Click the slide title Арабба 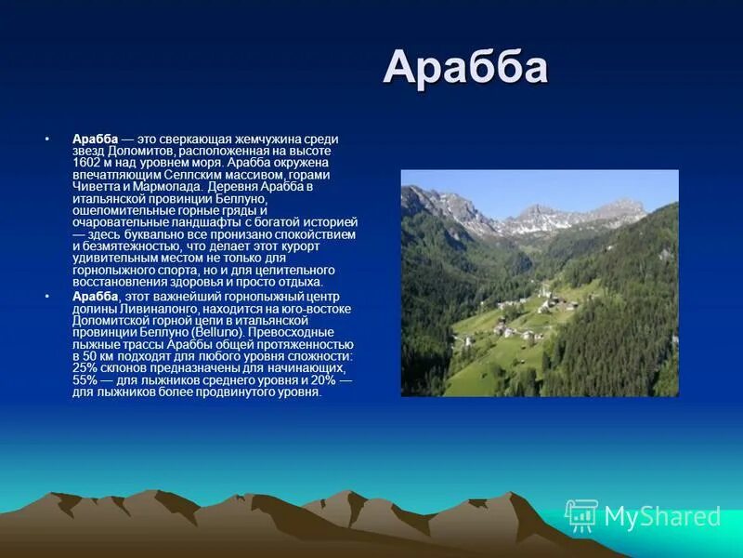(465, 68)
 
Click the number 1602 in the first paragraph (89, 162)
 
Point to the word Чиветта (98, 186)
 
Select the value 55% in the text (87, 380)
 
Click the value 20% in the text (323, 380)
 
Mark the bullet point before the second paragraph (46, 295)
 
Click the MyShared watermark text (662, 517)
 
